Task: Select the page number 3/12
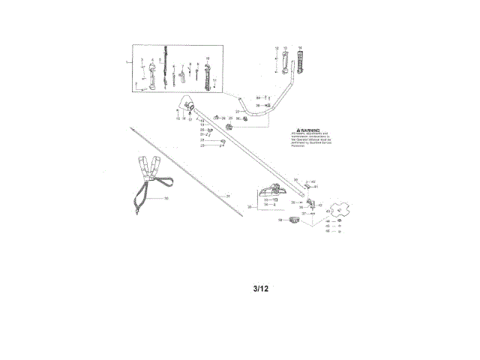[x=259, y=289]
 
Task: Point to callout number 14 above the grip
[x=300, y=47]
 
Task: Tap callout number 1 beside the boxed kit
[x=127, y=60]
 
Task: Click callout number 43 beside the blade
[x=328, y=211]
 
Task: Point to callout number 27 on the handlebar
[x=238, y=112]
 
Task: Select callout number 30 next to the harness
[x=166, y=198]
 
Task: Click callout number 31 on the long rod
[x=229, y=196]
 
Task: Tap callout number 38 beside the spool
[x=280, y=220]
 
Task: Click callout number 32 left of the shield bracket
[x=250, y=194]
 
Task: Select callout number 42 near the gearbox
[x=320, y=205]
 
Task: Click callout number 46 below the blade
[x=327, y=231]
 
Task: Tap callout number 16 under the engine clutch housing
[x=184, y=118]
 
